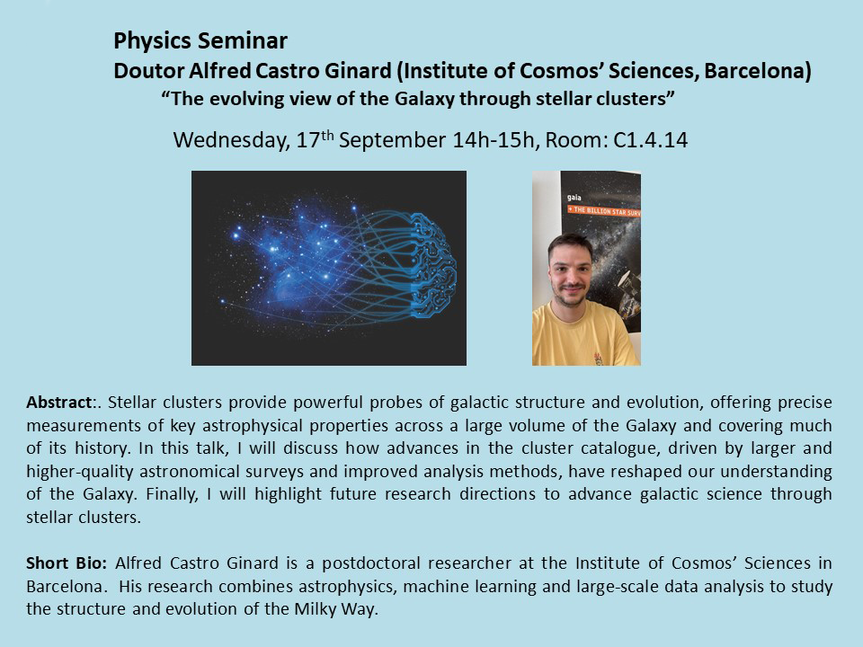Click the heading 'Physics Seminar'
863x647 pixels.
pos(200,41)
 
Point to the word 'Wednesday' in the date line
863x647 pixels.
pos(231,140)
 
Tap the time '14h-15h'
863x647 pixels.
pos(494,140)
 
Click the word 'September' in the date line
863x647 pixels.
pos(392,141)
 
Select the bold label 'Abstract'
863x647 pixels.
pos(58,403)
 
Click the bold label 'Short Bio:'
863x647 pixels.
pos(67,563)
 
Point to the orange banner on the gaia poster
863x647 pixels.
pos(604,210)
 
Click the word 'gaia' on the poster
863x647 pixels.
pos(574,198)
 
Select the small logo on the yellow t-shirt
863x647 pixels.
pos(599,359)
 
